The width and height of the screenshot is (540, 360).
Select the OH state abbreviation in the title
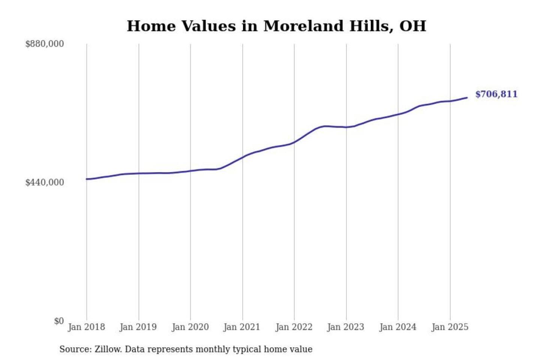click(412, 26)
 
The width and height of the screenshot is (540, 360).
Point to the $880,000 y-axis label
click(45, 44)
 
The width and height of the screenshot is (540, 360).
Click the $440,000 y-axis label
click(45, 182)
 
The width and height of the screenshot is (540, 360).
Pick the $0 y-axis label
click(59, 321)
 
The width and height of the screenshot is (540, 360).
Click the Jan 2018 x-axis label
click(86, 327)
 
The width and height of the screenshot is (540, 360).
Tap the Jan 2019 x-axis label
click(138, 327)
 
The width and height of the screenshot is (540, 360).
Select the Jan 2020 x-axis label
click(190, 327)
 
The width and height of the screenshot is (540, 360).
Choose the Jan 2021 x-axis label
click(242, 327)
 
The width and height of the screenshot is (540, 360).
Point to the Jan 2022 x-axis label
click(294, 327)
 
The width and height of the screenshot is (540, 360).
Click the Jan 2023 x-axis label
click(346, 327)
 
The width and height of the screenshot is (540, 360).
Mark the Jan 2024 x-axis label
click(398, 327)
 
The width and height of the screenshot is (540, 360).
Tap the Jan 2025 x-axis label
click(450, 327)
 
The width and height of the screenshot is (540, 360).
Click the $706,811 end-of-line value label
click(496, 94)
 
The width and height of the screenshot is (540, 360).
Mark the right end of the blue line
click(467, 98)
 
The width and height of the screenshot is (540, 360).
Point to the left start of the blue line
click(87, 179)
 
